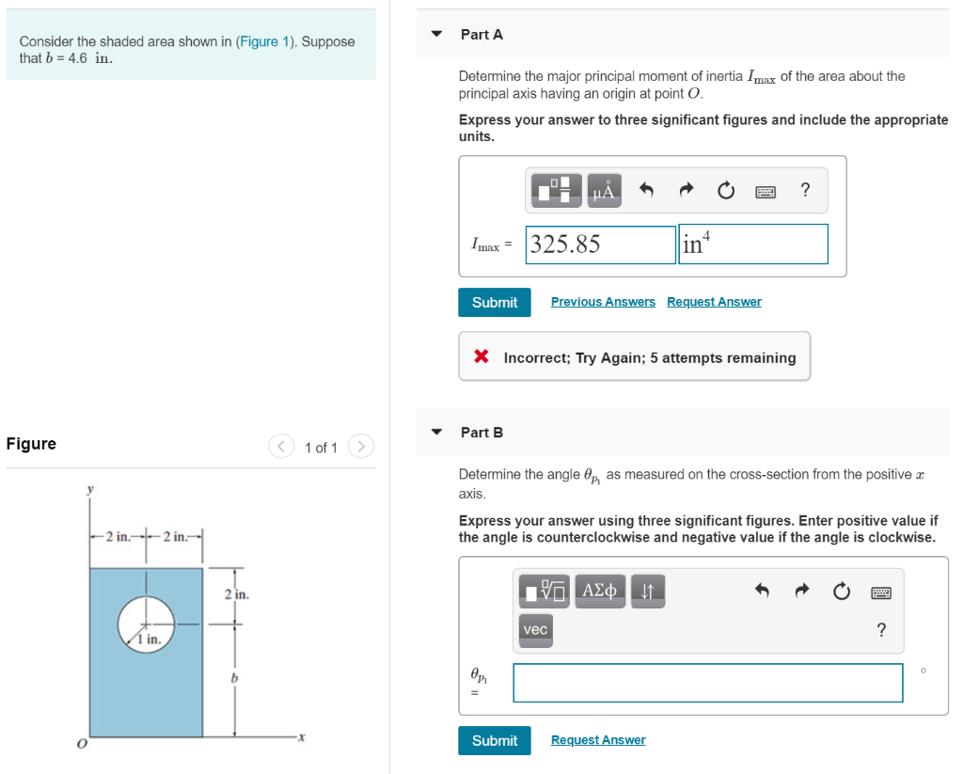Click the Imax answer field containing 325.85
pos(601,245)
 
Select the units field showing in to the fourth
pos(752,245)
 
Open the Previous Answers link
pos(603,302)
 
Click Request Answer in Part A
pos(714,302)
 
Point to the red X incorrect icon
pos(481,356)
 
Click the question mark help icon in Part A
pos(804,191)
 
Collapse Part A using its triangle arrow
pos(436,34)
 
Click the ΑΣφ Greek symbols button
pos(600,591)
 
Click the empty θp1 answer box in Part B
pos(707,683)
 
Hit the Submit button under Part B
pos(495,740)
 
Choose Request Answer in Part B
pos(598,740)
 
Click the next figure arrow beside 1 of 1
pos(362,447)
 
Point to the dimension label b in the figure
pos(234,678)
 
